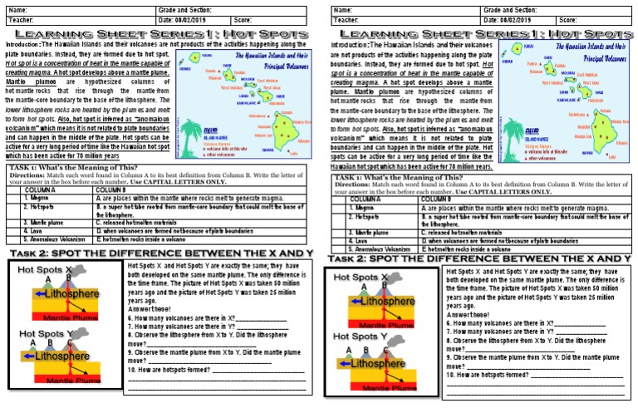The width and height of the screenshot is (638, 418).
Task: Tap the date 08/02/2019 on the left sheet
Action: pyautogui.click(x=193, y=19)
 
